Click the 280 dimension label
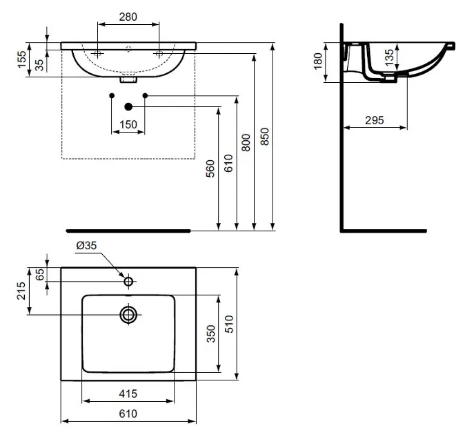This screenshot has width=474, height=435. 128,17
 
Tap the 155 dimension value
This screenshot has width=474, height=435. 22,59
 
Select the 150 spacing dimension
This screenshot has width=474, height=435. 128,124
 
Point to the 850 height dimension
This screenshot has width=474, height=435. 264,137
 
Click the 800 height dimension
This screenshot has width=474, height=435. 246,142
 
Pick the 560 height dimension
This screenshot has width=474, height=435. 210,168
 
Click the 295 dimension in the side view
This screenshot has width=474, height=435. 374,120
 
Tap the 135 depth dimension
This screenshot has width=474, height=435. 390,57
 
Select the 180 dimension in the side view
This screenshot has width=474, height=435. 318,61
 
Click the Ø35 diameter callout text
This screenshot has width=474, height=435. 86,245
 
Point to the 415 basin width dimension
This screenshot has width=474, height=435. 128,394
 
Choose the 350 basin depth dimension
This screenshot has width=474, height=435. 211,333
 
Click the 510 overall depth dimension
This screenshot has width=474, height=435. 230,324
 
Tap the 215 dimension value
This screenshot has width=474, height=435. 21,291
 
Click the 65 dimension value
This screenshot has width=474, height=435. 40,274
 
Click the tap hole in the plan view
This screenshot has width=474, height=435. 128,281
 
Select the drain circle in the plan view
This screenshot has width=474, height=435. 128,315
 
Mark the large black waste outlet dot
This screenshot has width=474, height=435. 128,106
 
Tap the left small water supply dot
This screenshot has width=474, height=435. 112,95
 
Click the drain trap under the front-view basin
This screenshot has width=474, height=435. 129,79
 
